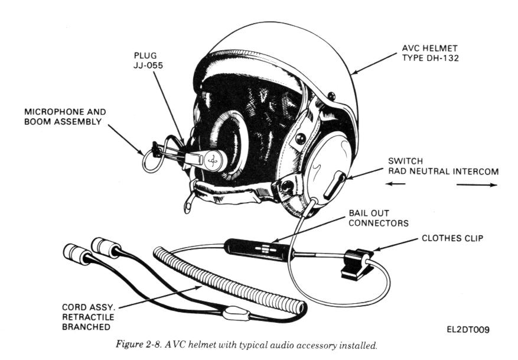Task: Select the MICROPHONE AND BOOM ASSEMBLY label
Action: click(63, 116)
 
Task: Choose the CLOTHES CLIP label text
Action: click(452, 239)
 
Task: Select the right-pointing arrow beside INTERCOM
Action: click(477, 184)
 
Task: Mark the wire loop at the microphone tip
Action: click(149, 154)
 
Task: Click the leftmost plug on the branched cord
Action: click(75, 254)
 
